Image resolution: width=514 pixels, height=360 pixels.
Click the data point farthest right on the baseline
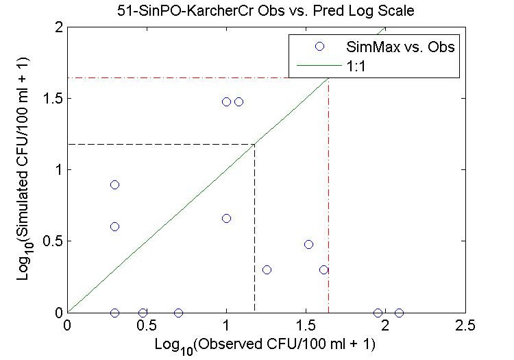399,313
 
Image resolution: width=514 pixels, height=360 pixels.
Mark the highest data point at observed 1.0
226,101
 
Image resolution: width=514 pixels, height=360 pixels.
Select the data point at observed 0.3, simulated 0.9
114,184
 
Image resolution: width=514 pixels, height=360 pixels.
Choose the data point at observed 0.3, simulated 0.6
114,226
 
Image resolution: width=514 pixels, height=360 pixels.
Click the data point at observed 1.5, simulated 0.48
308,244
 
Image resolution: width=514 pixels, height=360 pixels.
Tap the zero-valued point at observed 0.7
178,313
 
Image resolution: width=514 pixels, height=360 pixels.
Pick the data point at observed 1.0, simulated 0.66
226,218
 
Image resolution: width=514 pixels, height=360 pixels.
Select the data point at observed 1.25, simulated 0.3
267,269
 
